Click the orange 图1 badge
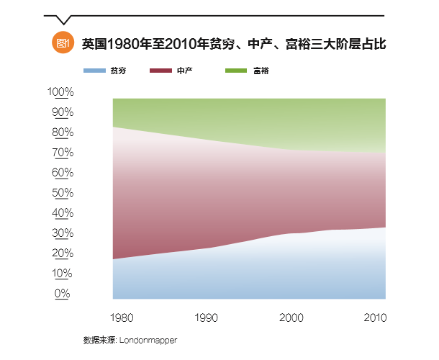point(63,43)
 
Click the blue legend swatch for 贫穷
point(94,71)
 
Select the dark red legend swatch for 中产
point(160,71)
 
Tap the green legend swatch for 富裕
point(237,71)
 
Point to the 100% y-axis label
point(60,92)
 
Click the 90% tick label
point(62,112)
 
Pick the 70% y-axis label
point(62,153)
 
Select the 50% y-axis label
point(62,193)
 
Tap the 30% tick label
point(62,233)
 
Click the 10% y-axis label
point(62,274)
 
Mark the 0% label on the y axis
point(64,294)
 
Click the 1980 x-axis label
point(120,317)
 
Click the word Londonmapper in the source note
point(150,339)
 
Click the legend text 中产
point(185,71)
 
